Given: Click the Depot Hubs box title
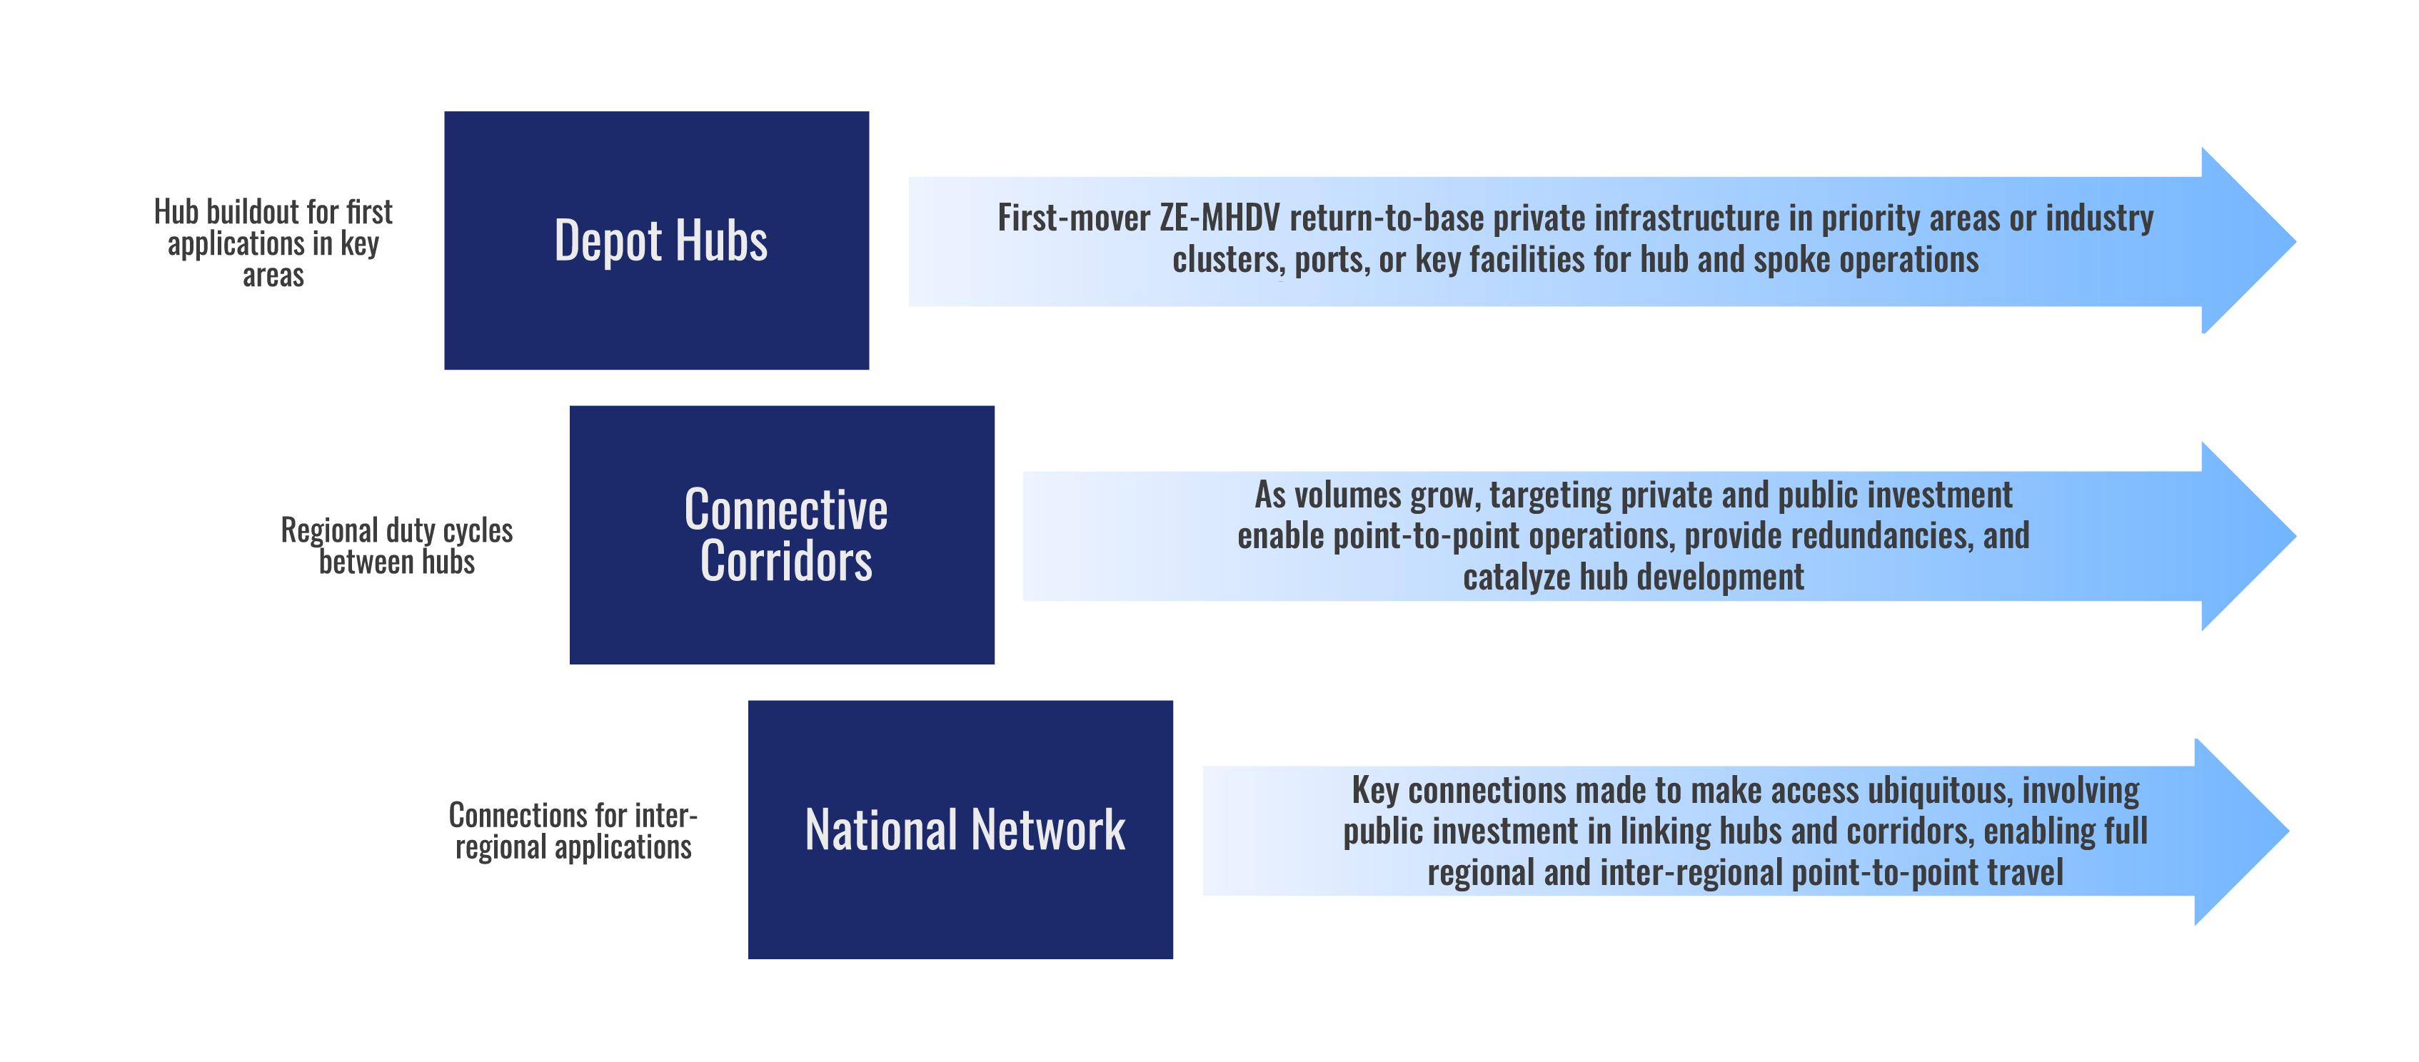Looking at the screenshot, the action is tap(660, 241).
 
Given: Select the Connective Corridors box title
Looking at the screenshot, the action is tap(786, 535).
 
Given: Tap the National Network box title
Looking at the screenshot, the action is tap(965, 830).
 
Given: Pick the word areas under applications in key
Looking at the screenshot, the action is tap(273, 276).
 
